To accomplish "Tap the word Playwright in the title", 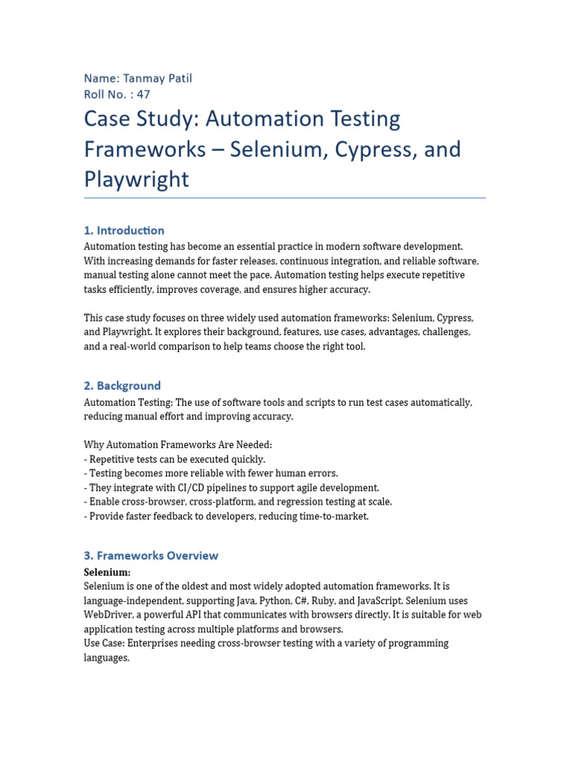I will click(137, 179).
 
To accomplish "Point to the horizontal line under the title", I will click(285, 198).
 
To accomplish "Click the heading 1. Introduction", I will click(124, 230).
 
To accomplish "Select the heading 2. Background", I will click(122, 386).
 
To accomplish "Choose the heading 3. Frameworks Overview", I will click(151, 555).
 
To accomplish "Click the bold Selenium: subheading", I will click(107, 572).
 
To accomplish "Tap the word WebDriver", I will click(108, 615).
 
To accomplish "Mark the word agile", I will click(305, 488).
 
